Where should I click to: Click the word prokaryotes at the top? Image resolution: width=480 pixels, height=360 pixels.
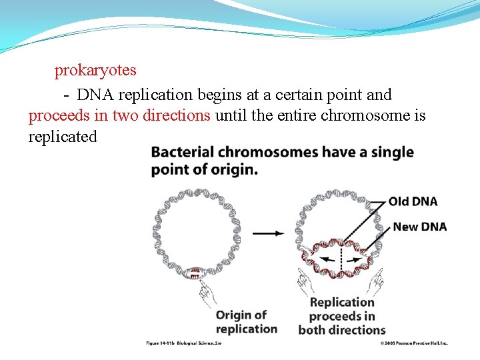[x=95, y=70]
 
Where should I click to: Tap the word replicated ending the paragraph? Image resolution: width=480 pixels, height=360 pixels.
[x=63, y=137]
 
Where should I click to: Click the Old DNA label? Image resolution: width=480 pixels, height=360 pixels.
[x=413, y=201]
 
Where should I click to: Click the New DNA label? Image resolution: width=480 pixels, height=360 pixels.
[x=419, y=227]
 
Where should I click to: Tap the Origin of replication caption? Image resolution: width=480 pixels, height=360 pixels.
[x=246, y=321]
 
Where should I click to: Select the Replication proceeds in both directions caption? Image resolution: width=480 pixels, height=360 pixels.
[x=342, y=316]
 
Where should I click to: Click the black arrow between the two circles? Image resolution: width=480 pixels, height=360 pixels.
[x=270, y=233]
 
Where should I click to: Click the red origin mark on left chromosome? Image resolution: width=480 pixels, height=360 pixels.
[x=195, y=273]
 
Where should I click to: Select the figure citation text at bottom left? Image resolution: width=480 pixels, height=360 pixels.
[x=183, y=343]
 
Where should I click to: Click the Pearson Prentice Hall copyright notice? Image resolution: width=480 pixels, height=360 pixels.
[x=413, y=343]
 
